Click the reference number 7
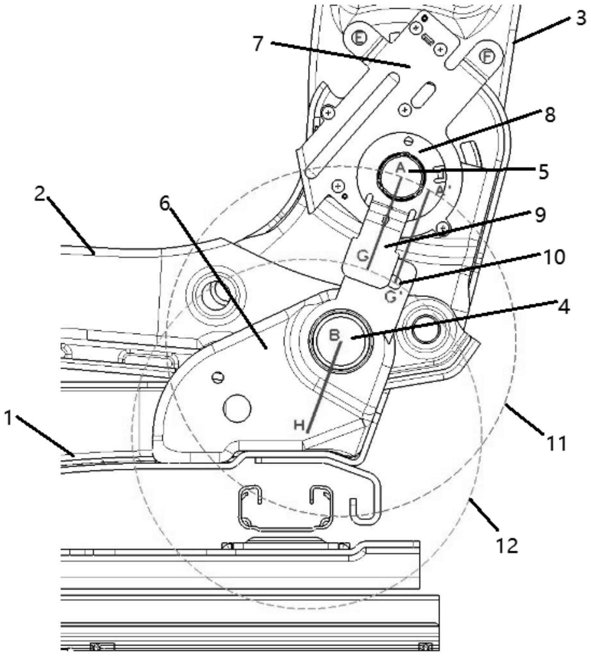pos(258,44)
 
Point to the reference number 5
pos(543,171)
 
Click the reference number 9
pos(540,215)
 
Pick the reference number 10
pos(554,257)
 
